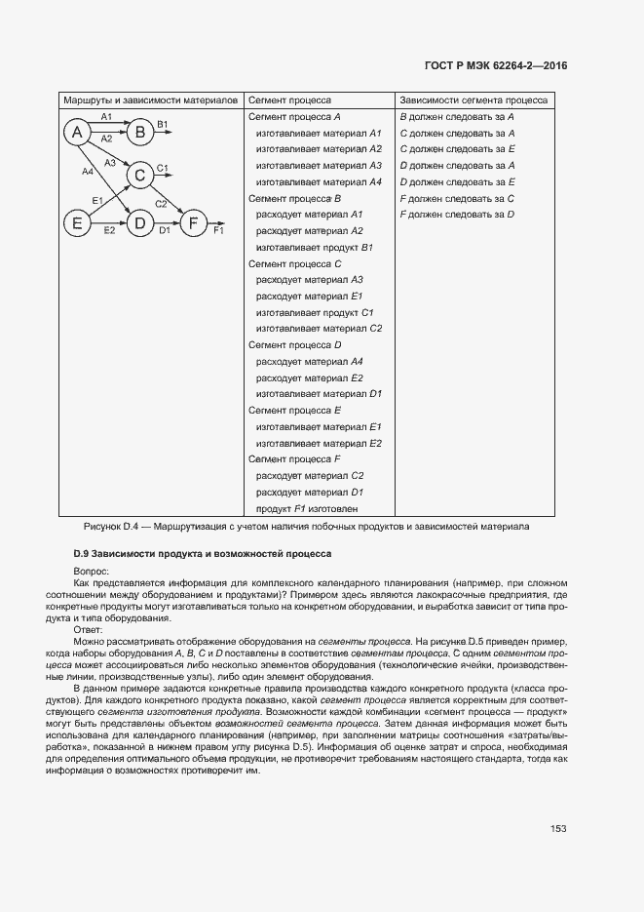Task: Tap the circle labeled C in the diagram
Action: point(139,176)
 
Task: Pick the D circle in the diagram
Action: point(139,223)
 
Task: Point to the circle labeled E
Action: point(77,223)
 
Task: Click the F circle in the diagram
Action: point(195,223)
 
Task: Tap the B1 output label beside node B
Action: point(163,123)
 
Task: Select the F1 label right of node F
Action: point(218,231)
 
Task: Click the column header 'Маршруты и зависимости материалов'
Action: point(150,99)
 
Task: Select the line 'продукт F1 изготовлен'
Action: point(307,508)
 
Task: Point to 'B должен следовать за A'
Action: point(457,116)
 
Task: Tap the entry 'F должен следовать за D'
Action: point(457,214)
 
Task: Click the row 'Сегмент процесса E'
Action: point(294,410)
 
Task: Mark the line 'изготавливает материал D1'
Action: point(319,393)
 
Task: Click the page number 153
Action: point(558,828)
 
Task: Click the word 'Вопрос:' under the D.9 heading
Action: point(92,570)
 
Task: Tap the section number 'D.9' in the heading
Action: point(68,553)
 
